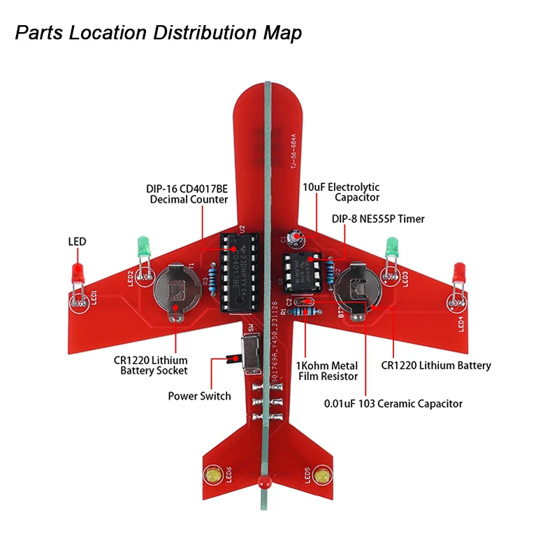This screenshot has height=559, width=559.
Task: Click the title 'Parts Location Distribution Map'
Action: pos(159,33)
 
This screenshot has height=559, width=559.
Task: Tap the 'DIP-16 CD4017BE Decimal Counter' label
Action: pos(187,194)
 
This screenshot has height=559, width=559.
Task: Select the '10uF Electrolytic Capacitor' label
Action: pos(341,192)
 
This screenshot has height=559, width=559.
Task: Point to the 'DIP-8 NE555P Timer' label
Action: pos(378,219)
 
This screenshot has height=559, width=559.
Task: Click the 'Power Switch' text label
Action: pos(199,396)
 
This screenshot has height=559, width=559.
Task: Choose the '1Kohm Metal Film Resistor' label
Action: pos(328,371)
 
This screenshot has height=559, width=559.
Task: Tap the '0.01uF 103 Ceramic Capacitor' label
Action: pos(393,403)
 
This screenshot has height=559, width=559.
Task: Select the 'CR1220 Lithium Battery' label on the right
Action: pos(436,365)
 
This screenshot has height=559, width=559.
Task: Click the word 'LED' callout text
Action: pos(77,242)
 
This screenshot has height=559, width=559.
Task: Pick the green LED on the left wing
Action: pos(143,247)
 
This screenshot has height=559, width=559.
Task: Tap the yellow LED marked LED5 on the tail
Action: pos(322,476)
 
